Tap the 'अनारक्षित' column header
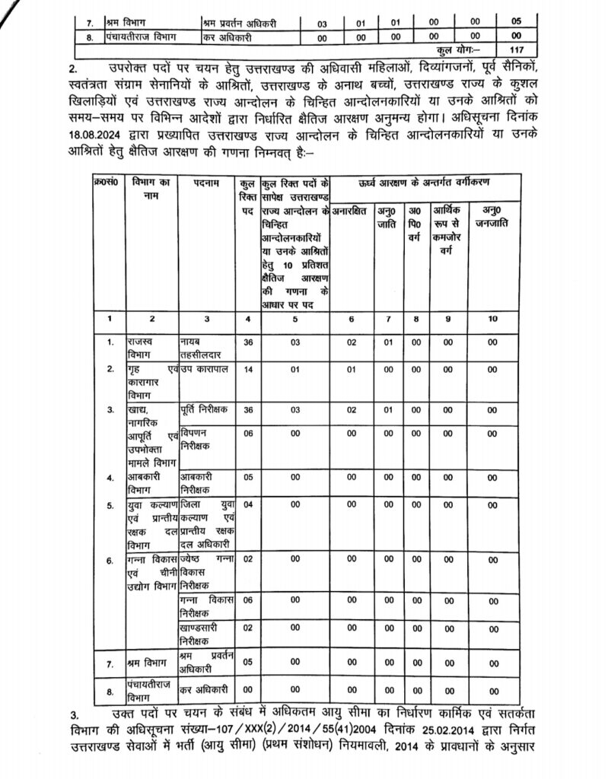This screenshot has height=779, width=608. pyautogui.click(x=352, y=208)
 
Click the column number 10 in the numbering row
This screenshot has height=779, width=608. pyautogui.click(x=493, y=319)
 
